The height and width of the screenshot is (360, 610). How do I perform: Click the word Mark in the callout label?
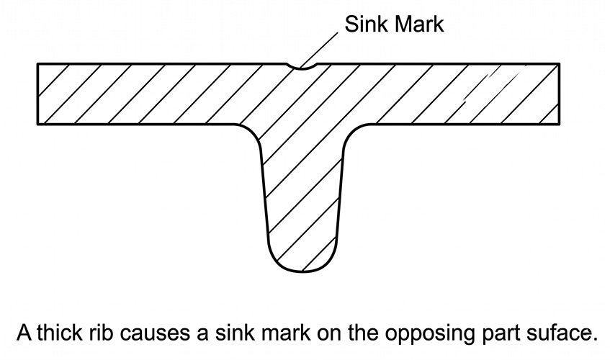pos(419,24)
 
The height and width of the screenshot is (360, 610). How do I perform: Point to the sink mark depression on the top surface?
pos(302,68)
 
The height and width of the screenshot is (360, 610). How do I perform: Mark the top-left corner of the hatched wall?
pos(37,63)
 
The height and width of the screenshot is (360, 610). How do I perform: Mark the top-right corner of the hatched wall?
pos(560,63)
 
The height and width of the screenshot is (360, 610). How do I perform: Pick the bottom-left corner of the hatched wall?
pos(37,125)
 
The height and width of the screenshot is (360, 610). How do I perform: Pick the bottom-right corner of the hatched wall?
pos(560,125)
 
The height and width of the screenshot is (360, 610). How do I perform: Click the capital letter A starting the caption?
pos(24,333)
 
